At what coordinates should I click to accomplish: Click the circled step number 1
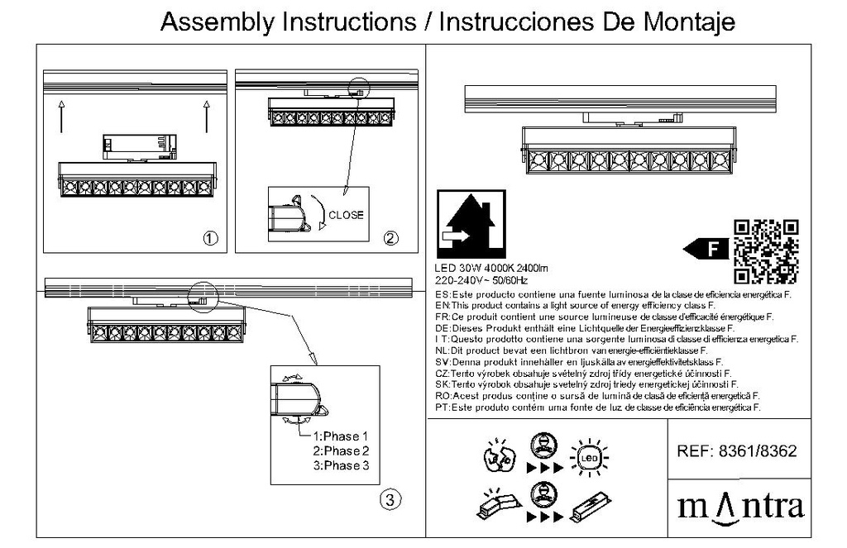(210, 239)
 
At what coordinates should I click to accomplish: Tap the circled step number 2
(390, 239)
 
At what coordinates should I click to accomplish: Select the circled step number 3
(390, 498)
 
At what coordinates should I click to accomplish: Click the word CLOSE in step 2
(346, 215)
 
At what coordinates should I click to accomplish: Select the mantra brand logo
(740, 504)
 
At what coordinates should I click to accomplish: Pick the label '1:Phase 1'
(339, 436)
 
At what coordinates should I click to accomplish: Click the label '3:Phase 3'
(339, 466)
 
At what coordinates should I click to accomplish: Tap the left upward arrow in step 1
(62, 116)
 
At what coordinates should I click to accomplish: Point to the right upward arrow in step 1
(205, 116)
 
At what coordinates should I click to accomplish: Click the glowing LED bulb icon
(588, 456)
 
